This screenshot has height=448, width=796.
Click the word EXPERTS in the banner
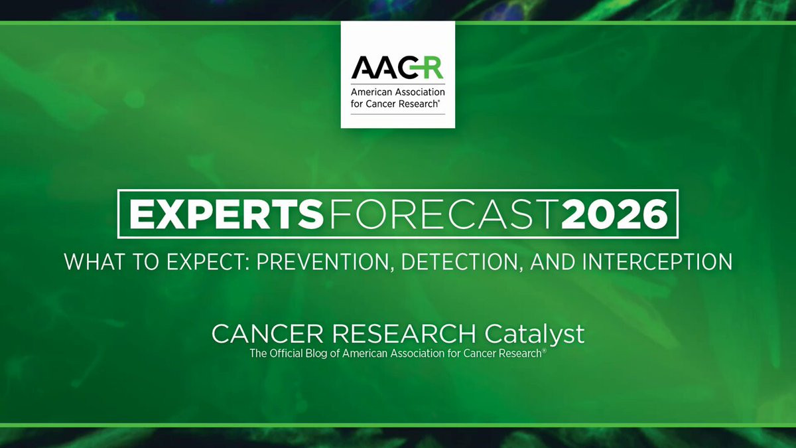[x=226, y=214]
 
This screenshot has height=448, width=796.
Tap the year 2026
[x=614, y=214]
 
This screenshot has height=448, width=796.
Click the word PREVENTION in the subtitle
[x=326, y=261]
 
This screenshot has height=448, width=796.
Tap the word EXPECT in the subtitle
[x=208, y=261]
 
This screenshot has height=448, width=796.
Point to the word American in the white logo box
[x=371, y=92]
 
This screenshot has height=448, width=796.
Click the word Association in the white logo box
[x=419, y=92]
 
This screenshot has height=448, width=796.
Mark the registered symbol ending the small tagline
[x=544, y=351]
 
